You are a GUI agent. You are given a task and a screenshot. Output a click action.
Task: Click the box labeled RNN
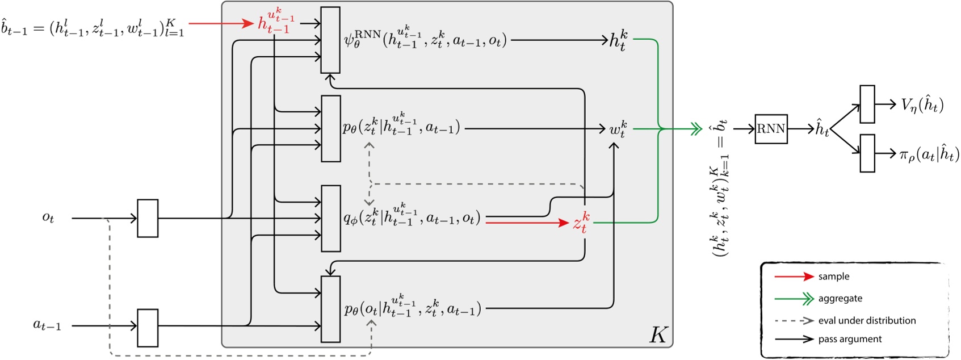point(770,129)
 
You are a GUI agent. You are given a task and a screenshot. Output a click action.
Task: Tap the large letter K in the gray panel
point(658,334)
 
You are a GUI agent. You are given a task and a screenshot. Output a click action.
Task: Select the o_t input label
point(48,217)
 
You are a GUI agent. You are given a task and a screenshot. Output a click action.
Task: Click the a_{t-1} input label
point(47,326)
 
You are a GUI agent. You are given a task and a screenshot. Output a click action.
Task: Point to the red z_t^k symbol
point(581,223)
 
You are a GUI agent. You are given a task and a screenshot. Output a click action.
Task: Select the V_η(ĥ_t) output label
point(922,105)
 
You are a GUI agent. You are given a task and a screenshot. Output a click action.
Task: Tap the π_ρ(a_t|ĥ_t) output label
point(929,154)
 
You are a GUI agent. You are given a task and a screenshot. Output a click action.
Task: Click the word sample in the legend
point(833,277)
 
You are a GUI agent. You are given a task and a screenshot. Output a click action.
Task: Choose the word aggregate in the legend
point(840,299)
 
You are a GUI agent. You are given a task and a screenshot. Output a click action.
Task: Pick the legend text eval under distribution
point(867,321)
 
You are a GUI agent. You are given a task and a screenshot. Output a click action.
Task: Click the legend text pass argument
point(850,339)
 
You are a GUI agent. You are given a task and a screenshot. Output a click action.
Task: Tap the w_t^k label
point(618,129)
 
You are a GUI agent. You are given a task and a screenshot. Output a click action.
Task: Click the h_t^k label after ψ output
point(618,41)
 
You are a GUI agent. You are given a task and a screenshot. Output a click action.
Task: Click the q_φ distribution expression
point(412,217)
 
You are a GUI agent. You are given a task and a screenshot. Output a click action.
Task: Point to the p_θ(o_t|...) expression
point(413,308)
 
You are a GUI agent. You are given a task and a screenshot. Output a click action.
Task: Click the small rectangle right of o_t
point(148,218)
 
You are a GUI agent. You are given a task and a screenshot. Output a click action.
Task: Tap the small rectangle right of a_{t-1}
point(148,328)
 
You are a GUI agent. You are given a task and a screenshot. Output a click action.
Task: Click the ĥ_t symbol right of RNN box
point(821,129)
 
